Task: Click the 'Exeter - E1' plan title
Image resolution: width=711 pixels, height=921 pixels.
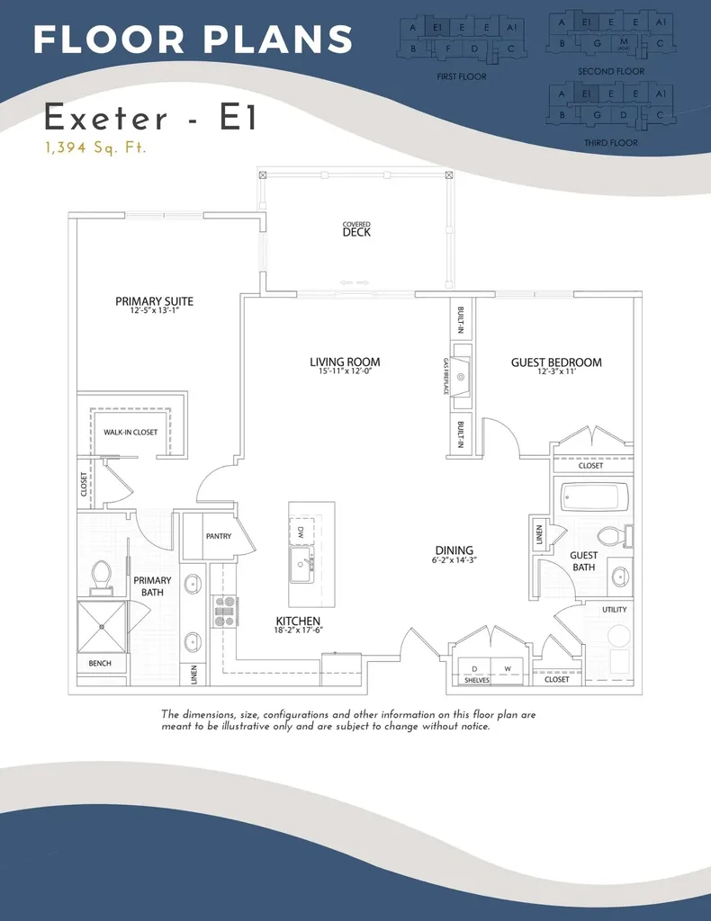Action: [150, 118]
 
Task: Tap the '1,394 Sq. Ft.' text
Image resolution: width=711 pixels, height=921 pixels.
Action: [94, 148]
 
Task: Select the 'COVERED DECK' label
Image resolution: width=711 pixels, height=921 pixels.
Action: [356, 229]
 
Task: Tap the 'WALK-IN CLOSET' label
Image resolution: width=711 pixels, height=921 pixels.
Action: [130, 433]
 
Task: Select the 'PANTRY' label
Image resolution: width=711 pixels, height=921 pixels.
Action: [218, 537]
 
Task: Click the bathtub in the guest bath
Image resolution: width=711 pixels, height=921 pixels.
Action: [593, 496]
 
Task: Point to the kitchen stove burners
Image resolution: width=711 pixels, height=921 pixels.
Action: [224, 611]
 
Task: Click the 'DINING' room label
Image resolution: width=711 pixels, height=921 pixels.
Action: [453, 551]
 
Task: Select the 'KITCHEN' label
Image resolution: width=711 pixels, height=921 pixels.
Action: [299, 621]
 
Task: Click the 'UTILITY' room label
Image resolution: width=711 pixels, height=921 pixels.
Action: [615, 610]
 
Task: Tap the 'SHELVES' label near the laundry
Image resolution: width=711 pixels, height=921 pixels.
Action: [477, 681]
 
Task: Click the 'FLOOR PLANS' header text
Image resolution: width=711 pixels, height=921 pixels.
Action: [193, 39]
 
